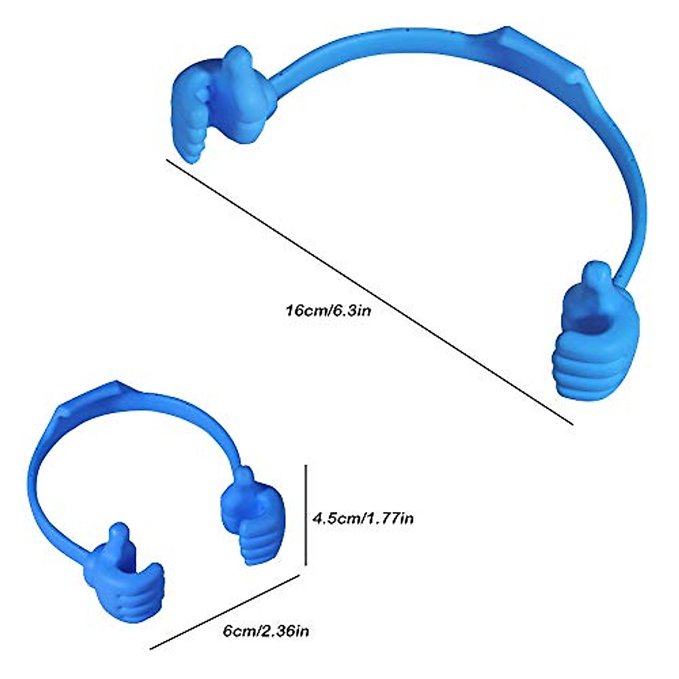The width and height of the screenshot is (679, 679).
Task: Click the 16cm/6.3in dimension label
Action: click(x=329, y=310)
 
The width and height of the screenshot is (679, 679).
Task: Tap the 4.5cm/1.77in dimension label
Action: click(x=363, y=518)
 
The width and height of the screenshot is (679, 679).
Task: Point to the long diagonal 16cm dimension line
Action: click(x=368, y=291)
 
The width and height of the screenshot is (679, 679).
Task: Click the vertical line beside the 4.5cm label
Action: click(x=306, y=515)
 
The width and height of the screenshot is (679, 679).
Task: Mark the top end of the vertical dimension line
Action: click(x=306, y=466)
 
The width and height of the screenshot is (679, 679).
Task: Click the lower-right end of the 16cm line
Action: click(x=571, y=423)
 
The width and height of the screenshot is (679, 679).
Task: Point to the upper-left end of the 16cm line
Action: click(x=167, y=161)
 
